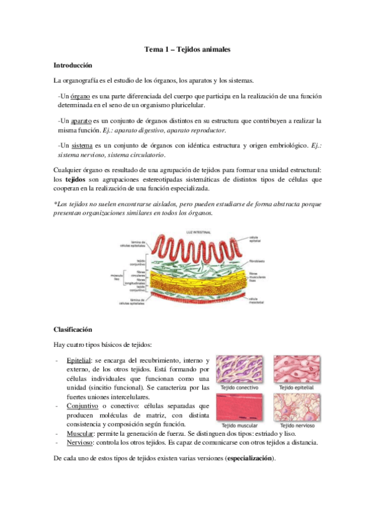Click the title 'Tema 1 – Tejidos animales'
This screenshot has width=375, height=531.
tap(187, 49)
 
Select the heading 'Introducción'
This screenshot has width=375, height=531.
tap(73, 64)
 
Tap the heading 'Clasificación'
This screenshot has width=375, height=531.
tap(73, 329)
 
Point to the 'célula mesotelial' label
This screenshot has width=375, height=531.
tap(257, 301)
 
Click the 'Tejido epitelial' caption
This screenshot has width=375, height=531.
tap(294, 388)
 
